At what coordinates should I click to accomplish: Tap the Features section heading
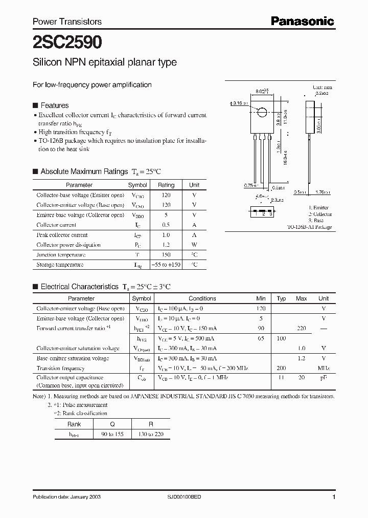coord(54,105)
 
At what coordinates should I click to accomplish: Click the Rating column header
coord(166,185)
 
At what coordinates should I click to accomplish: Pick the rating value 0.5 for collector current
coord(166,225)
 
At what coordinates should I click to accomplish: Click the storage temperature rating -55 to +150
coord(166,265)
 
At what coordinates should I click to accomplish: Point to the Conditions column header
coord(202,298)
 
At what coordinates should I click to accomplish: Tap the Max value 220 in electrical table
coord(301,329)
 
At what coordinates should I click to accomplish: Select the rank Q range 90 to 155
coord(112,434)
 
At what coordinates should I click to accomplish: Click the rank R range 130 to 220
coord(151,434)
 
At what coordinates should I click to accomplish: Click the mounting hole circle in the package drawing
coord(261,113)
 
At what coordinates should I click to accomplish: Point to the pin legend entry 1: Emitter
coord(318,208)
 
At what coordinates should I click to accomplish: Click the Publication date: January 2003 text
coord(63,498)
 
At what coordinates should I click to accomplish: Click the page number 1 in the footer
coord(334,498)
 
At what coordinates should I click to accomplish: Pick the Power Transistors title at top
coord(67,21)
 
